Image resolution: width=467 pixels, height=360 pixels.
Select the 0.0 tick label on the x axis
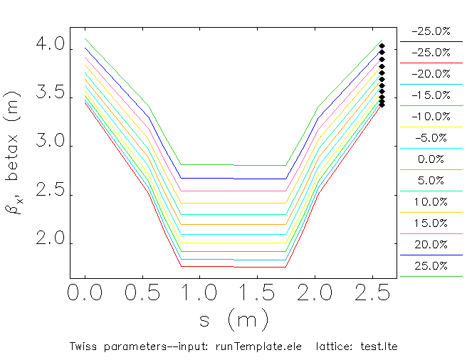(x=85, y=292)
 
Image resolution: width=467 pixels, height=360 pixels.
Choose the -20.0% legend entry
(x=431, y=74)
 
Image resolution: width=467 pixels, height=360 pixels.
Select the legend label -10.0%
(x=431, y=117)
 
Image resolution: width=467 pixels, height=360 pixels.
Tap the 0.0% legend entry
(x=431, y=159)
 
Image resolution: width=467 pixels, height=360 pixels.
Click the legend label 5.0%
(x=431, y=181)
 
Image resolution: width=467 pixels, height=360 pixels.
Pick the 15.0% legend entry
(x=431, y=223)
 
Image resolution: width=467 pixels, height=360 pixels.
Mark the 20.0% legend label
(x=431, y=245)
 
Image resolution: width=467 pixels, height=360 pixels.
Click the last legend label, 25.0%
(x=431, y=266)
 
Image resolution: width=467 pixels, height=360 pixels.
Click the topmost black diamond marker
(x=382, y=46)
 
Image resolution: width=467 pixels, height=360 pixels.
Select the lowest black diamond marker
(x=382, y=104)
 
